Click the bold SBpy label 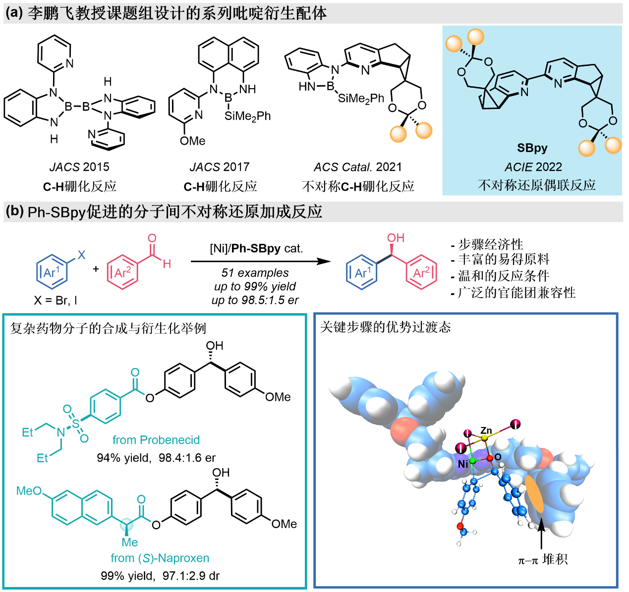(532, 148)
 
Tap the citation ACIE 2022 (533, 167)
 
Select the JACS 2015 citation (79, 167)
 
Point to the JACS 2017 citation (220, 167)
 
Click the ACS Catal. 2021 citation (357, 167)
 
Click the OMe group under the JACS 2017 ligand (192, 141)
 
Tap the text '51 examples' (255, 273)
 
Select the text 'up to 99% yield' (255, 286)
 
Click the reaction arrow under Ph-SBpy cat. (260, 261)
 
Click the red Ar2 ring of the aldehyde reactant (122, 272)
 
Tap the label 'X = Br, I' (55, 300)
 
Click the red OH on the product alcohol (396, 238)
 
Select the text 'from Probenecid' (156, 440)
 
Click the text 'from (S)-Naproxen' (160, 558)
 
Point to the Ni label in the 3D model (462, 464)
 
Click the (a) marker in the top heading (14, 13)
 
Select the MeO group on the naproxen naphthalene (29, 490)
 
